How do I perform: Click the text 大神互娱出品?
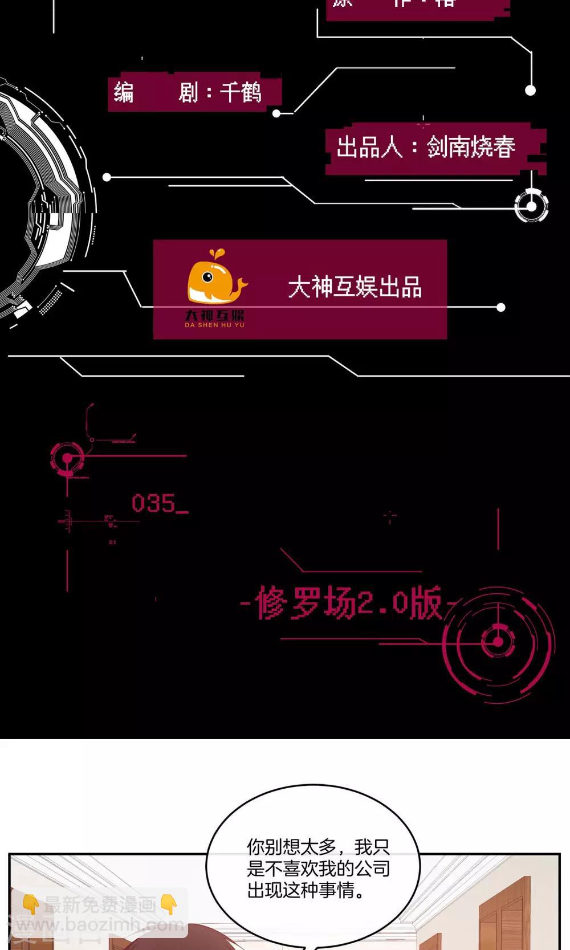coord(355,287)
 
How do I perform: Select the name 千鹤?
coord(241,92)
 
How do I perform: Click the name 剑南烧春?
coord(471,147)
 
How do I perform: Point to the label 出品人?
coord(369,147)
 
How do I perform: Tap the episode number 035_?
coord(159,504)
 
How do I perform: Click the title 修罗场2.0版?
coord(348,603)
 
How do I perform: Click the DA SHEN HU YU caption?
coord(214,325)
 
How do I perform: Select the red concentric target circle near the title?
coord(498,642)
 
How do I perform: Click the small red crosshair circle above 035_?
coord(67,458)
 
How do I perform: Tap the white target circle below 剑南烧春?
coord(531,206)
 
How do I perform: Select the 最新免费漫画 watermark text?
coord(100,904)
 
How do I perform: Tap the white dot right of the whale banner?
coord(500,308)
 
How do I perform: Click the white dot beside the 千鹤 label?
coord(276,113)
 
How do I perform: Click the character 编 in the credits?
coord(123,92)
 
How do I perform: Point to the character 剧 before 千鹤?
coord(188,92)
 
